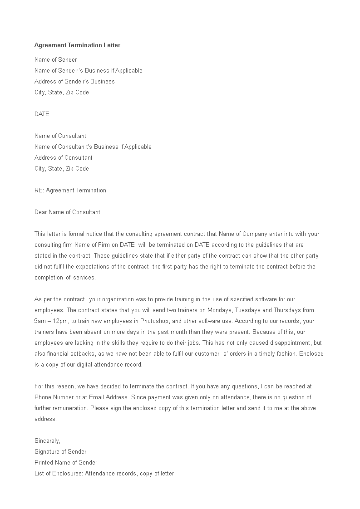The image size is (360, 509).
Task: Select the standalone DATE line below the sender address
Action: [x=42, y=114]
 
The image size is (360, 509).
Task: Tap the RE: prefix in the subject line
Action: [x=39, y=191]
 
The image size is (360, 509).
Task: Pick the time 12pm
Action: [x=61, y=321]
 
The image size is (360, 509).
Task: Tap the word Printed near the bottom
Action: [x=44, y=463]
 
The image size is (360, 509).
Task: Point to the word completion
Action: [x=48, y=278]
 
